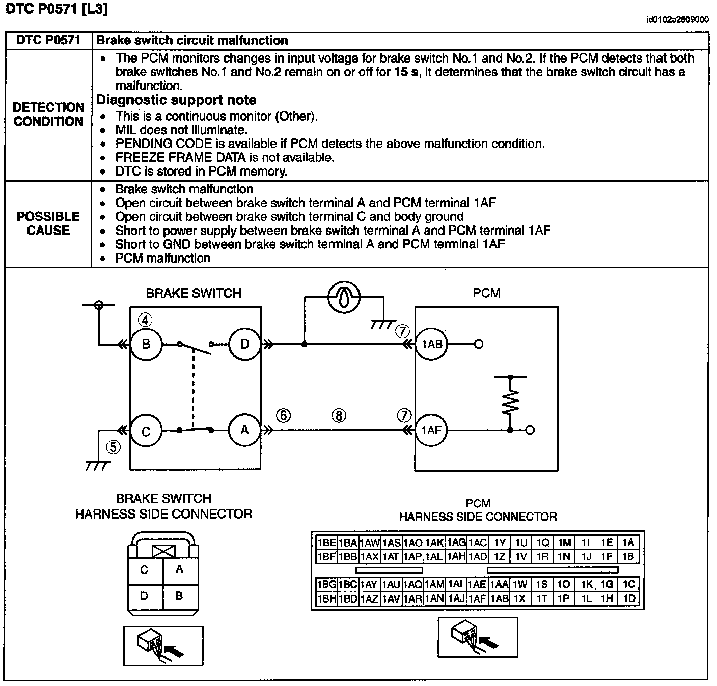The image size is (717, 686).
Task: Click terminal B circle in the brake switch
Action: pos(146,344)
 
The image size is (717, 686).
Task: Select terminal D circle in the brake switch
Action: pos(244,344)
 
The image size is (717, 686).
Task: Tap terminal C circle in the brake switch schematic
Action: pos(146,431)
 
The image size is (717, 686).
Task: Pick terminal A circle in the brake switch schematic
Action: pos(244,430)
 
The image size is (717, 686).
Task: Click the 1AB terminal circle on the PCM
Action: pos(431,344)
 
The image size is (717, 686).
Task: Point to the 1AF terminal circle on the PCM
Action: pos(431,431)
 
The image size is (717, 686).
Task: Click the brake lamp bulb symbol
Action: pos(344,297)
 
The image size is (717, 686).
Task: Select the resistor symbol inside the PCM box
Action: pos(510,402)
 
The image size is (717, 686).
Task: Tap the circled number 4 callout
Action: pos(145,320)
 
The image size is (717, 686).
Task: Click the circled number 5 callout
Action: pos(113,447)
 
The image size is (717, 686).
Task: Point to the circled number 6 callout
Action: pos(283,416)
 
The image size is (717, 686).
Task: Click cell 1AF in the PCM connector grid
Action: pos(477,599)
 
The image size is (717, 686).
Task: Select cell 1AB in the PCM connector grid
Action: pos(499,599)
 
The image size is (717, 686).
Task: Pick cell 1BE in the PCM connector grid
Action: pos(326,542)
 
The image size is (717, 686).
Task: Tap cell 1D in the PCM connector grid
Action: pos(629,599)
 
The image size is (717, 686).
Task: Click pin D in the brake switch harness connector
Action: pos(144,596)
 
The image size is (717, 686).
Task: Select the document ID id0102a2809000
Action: pos(677,20)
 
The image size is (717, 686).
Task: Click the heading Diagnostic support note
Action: pos(176,100)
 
